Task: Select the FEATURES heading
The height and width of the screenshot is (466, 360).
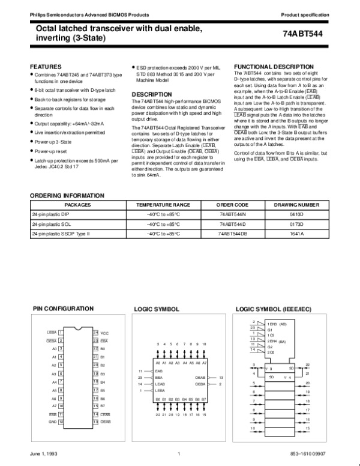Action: point(46,65)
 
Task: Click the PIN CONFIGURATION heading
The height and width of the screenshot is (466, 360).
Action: point(63,309)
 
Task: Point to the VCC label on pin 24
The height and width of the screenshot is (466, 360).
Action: point(104,333)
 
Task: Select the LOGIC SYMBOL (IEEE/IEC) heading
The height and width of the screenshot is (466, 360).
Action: point(273,309)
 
